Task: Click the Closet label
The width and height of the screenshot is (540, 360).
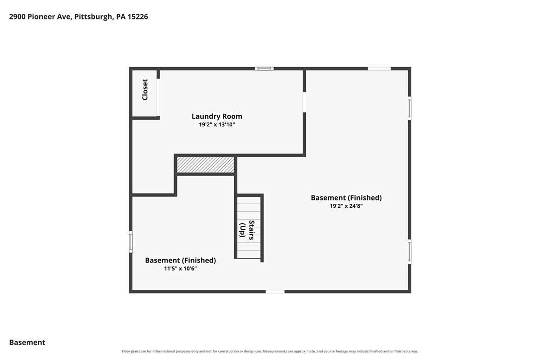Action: (x=145, y=90)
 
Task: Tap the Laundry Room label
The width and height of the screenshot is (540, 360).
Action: (x=217, y=116)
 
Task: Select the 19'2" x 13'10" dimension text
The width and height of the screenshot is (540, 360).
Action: (x=217, y=125)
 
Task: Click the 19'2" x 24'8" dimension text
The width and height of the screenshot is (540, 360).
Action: (x=346, y=206)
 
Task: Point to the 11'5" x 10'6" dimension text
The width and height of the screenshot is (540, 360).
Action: (x=180, y=269)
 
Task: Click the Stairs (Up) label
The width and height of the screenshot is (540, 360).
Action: (x=247, y=230)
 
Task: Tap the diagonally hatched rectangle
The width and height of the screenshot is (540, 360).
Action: (x=205, y=165)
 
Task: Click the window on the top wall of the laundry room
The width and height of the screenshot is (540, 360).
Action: (x=264, y=69)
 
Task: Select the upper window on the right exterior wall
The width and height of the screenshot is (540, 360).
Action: (x=410, y=108)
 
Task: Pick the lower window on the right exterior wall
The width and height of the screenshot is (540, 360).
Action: (x=410, y=252)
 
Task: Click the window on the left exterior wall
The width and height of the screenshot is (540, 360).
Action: (x=131, y=242)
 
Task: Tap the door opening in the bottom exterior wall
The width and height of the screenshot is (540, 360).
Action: (x=275, y=292)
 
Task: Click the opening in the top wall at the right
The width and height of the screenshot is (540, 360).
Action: (x=379, y=69)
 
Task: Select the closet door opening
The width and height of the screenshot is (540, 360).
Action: (x=158, y=97)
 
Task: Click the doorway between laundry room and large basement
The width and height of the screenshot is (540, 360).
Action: (x=304, y=102)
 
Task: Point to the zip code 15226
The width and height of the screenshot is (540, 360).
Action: (x=138, y=16)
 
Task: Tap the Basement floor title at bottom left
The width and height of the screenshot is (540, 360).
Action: (x=27, y=343)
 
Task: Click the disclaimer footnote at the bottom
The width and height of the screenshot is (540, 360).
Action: (x=270, y=352)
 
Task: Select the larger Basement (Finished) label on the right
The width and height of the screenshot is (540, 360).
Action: (x=346, y=198)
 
